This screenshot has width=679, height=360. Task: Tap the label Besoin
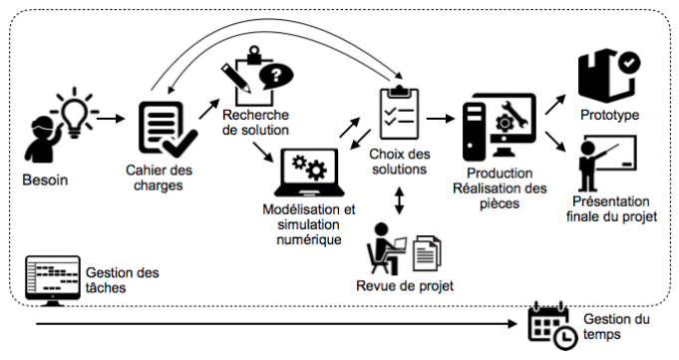[45, 180]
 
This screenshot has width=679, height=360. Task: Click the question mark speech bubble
[276, 76]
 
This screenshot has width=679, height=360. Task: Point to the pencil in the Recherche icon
[236, 78]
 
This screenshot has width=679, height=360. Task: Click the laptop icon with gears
[309, 173]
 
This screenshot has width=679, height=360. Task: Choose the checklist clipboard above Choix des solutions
[399, 113]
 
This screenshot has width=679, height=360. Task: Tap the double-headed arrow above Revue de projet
[399, 200]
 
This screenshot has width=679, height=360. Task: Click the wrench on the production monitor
[514, 114]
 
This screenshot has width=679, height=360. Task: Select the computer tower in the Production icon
[475, 132]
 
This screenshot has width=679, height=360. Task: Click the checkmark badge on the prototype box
[629, 63]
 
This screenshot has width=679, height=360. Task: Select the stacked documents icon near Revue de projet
[427, 253]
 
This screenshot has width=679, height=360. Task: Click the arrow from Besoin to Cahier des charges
[111, 118]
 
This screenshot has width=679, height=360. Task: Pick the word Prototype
[610, 115]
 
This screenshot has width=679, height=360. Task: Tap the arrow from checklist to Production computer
[441, 118]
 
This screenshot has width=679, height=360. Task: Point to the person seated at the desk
[382, 249]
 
